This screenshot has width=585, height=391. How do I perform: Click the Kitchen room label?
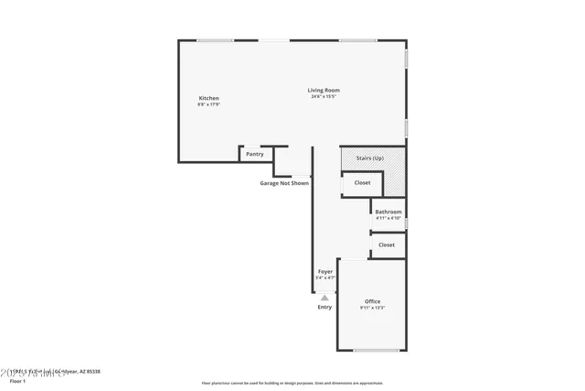pos(208,98)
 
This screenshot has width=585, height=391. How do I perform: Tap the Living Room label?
pos(324,90)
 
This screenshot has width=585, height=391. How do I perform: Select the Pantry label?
pos(255,154)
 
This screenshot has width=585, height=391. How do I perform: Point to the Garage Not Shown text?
pos(284,183)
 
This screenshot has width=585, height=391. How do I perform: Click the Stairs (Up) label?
pos(369,158)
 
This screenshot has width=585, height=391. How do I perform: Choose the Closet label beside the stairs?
pos(362,183)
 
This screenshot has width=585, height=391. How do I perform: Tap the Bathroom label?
pos(388,212)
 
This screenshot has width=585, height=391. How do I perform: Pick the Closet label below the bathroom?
pos(387,244)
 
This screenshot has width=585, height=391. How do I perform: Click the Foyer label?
pos(325,271)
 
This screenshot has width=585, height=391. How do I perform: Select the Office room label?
pos(372,301)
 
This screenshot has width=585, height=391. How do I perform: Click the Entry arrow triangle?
pos(324,297)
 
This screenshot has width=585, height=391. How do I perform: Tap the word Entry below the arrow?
pos(324,307)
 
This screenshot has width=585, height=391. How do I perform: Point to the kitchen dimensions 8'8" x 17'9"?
pos(208,104)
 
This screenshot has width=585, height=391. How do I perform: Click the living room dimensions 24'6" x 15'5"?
pos(324,96)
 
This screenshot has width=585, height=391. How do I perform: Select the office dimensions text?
pos(372,308)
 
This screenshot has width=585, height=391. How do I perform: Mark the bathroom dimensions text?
pos(388,218)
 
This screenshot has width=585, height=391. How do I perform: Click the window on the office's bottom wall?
pos(376,350)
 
